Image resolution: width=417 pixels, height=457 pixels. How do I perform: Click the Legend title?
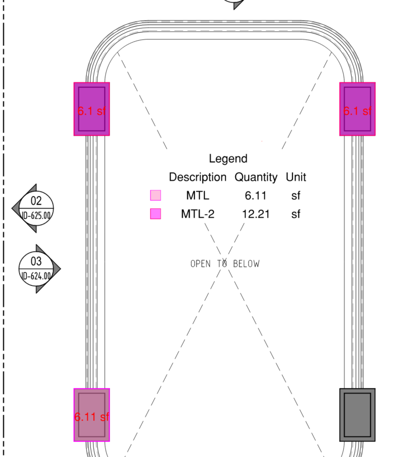[x=228, y=159]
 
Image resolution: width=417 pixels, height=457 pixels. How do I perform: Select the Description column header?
[x=198, y=177]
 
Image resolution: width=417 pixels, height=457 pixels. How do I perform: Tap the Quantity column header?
[x=256, y=177]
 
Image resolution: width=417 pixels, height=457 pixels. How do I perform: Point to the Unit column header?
[x=296, y=177]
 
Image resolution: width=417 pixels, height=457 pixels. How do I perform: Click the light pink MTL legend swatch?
[x=156, y=195]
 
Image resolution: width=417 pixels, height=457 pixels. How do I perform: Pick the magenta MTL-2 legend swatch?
[x=156, y=214]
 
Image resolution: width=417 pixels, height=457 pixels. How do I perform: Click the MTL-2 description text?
[x=198, y=214]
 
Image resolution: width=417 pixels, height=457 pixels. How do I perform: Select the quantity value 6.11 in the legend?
[x=256, y=196]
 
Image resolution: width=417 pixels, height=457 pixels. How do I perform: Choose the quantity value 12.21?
[x=256, y=214]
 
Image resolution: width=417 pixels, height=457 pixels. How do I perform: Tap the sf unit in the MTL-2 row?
[x=296, y=214]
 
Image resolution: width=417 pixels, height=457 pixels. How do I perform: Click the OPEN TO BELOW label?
[x=225, y=264]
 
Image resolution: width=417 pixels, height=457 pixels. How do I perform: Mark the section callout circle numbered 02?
[x=36, y=208]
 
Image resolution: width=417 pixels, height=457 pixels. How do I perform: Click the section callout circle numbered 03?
[x=36, y=269]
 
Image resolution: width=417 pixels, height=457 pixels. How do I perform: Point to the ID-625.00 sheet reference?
[x=36, y=216]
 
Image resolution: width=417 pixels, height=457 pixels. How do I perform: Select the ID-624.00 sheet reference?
[x=36, y=276]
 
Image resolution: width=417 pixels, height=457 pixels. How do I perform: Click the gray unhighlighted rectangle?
[x=357, y=415]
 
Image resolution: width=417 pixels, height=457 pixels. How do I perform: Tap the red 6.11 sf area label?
[x=92, y=417]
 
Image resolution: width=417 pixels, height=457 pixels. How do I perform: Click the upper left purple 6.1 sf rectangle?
[x=92, y=109]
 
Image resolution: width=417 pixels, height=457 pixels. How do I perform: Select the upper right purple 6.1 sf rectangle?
[x=357, y=109]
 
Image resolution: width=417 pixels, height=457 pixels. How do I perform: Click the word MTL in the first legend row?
[x=198, y=196]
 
